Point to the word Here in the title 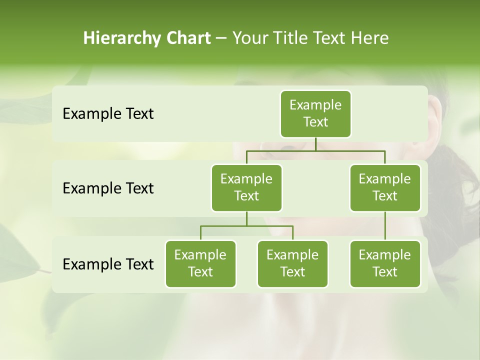(370, 38)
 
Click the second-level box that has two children (246, 187)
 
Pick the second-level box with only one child (385, 187)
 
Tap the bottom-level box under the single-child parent (385, 263)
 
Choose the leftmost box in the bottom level (200, 263)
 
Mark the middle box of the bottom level (292, 263)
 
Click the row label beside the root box (108, 114)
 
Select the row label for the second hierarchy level (108, 188)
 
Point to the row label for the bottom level (108, 264)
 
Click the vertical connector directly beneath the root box (315, 144)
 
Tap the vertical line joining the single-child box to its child (385, 226)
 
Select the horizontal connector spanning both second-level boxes (315, 150)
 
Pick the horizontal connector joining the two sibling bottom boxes (246, 226)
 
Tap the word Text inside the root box (315, 122)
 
